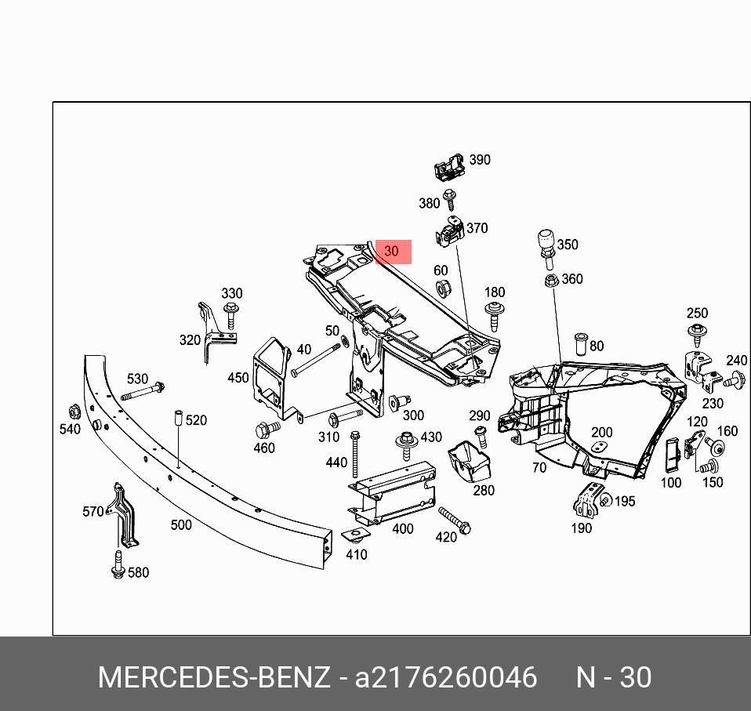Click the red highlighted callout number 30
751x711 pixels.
pyautogui.click(x=393, y=252)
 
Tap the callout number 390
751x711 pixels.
pyautogui.click(x=479, y=160)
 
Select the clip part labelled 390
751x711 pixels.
pyautogui.click(x=448, y=165)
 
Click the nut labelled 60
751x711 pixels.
pyautogui.click(x=441, y=288)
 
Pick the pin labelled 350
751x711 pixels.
pyautogui.click(x=546, y=244)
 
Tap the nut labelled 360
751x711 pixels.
pyautogui.click(x=551, y=279)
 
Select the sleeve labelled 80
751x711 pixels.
pyautogui.click(x=580, y=343)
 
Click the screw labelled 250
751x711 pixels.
pyautogui.click(x=697, y=334)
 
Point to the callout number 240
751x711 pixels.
pyautogui.click(x=736, y=361)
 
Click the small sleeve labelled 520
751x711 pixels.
pyautogui.click(x=177, y=417)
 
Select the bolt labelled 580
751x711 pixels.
pyautogui.click(x=118, y=566)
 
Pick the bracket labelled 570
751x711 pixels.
pyautogui.click(x=122, y=515)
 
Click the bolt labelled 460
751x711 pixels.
pyautogui.click(x=264, y=429)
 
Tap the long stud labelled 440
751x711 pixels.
pyautogui.click(x=355, y=455)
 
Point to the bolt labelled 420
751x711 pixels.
pyautogui.click(x=454, y=521)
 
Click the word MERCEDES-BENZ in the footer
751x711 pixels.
pyautogui.click(x=213, y=678)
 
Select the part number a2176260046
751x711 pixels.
pyautogui.click(x=446, y=678)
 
